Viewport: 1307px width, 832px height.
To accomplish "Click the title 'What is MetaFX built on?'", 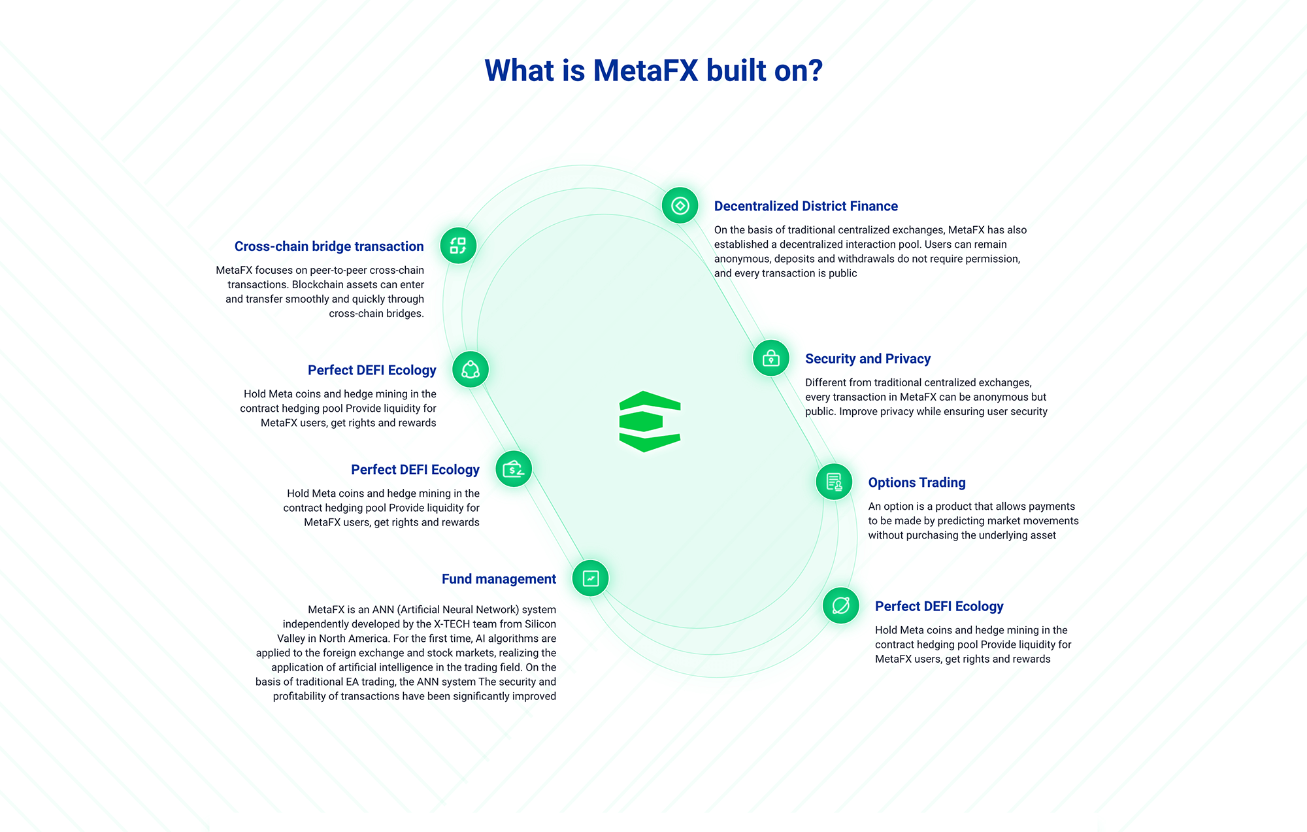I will click(x=653, y=71).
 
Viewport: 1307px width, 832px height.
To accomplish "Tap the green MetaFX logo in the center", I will click(x=650, y=422).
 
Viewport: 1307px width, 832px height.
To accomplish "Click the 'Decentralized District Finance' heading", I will click(x=806, y=207).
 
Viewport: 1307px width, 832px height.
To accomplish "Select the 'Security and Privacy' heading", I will click(x=867, y=359).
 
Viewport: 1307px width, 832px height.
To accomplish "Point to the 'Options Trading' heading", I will click(x=916, y=483).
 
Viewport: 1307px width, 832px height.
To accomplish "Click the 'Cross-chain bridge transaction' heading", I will click(x=329, y=246).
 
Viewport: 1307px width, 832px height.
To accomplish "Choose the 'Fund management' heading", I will click(x=499, y=579).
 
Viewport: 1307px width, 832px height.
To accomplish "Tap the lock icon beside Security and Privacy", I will click(x=771, y=358).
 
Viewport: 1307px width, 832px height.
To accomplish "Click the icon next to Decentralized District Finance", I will click(x=680, y=206).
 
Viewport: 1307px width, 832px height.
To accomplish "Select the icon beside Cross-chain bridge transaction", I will click(x=458, y=246).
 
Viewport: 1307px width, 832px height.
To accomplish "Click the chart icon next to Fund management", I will click(x=591, y=578).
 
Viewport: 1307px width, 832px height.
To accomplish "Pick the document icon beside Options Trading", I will click(x=834, y=482).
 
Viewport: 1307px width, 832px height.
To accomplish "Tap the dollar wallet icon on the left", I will click(x=514, y=469).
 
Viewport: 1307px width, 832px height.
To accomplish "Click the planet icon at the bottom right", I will click(x=841, y=606).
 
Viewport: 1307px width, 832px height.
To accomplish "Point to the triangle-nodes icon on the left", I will click(x=471, y=370).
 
